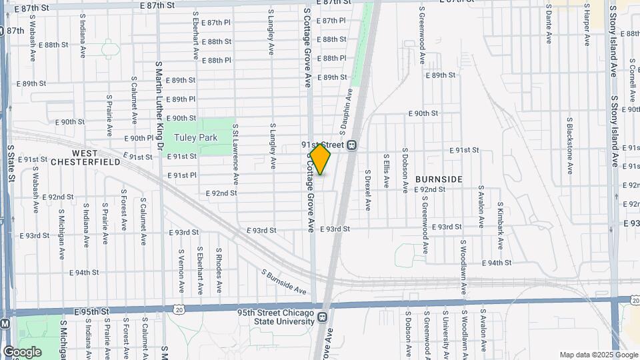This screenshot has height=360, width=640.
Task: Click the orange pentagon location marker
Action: (321, 159)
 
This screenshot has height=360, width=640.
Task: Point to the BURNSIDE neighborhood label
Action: (439, 179)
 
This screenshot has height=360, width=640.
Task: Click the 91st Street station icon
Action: (351, 145)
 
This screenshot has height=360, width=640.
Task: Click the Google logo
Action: (21, 352)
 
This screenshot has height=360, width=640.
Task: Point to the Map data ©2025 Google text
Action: (598, 355)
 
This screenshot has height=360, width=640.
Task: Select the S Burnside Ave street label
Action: (283, 283)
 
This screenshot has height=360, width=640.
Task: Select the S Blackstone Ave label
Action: (570, 147)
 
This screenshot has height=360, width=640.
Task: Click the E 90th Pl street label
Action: (139, 138)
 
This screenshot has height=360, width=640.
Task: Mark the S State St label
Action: (11, 164)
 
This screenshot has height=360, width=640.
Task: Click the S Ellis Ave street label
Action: (386, 171)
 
